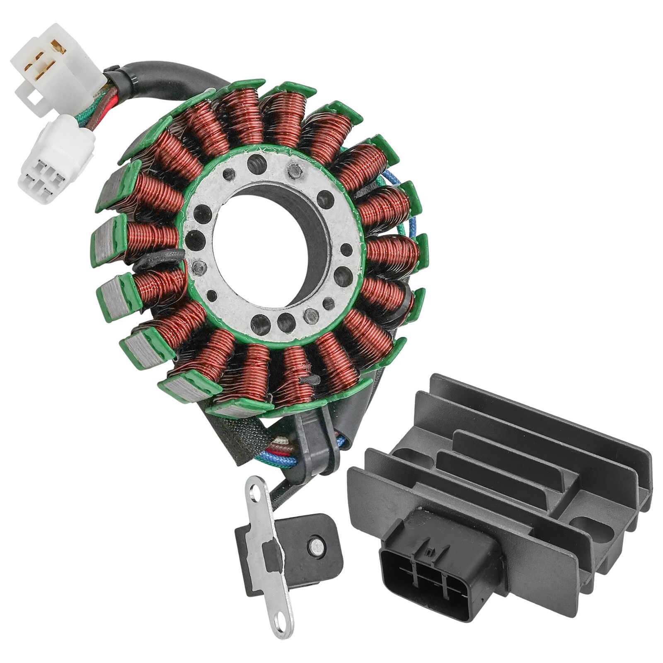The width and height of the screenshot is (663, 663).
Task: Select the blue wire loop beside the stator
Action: (410, 207)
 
